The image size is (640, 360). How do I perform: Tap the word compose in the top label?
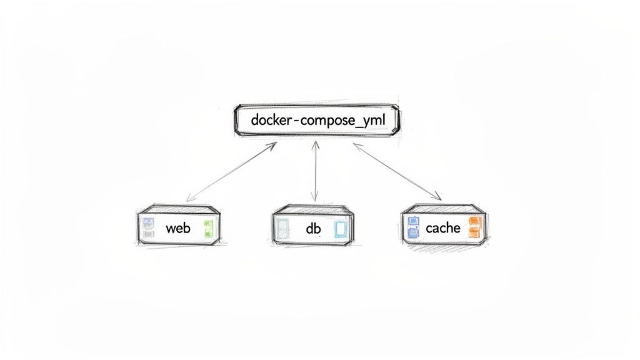[327, 120]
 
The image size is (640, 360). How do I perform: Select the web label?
[177, 228]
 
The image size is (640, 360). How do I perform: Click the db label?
[313, 229]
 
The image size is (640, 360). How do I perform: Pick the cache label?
[442, 228]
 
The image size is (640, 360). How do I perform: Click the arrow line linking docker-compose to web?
[231, 171]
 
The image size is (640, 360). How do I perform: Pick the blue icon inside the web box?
[147, 222]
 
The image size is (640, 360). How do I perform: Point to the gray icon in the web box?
[147, 233]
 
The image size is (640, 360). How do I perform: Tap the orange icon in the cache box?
[474, 227]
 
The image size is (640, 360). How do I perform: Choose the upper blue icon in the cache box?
[412, 221]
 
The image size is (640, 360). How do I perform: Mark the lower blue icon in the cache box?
[412, 233]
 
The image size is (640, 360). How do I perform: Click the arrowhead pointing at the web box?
[189, 199]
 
